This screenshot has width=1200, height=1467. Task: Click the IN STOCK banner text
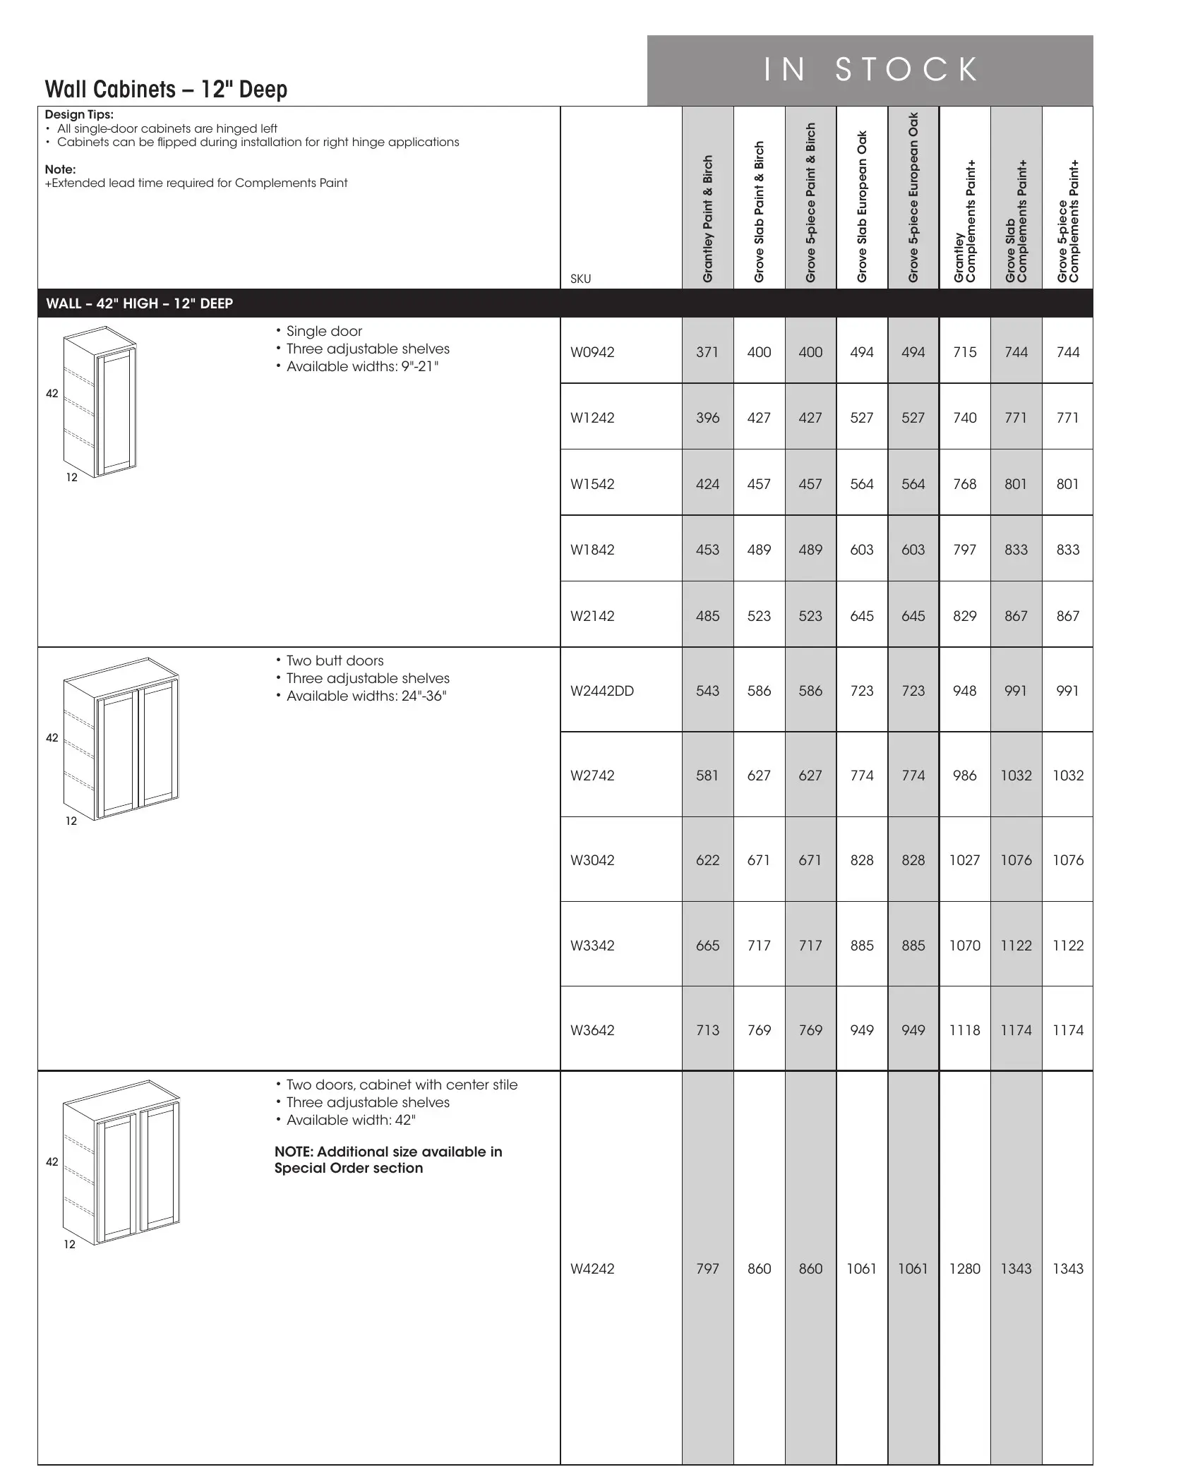pos(870,70)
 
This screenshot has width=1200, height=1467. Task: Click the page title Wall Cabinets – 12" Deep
pos(166,90)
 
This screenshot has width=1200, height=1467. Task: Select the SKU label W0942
pos(592,352)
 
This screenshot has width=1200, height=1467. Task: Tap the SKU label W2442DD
pos(602,691)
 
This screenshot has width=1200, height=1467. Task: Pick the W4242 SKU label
pos(592,1269)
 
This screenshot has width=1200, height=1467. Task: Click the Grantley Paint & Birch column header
pos(708,219)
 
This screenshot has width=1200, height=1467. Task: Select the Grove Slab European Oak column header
pos(862,207)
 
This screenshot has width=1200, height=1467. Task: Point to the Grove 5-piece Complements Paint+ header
pos(1068,221)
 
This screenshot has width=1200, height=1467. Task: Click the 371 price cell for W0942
pos(707,352)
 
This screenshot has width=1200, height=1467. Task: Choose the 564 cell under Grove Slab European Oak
pos(862,484)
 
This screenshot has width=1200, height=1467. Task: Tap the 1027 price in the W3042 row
pos(964,860)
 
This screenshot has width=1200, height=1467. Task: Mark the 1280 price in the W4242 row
pos(964,1269)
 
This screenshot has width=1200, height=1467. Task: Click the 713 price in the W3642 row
pos(707,1030)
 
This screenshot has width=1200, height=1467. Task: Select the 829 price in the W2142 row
pos(964,616)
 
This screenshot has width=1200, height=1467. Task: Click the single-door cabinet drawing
pos(99,402)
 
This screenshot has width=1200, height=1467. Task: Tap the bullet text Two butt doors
pos(335,661)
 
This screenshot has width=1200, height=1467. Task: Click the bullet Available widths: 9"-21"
pos(362,366)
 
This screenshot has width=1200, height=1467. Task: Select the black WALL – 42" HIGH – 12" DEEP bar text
pos(139,303)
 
